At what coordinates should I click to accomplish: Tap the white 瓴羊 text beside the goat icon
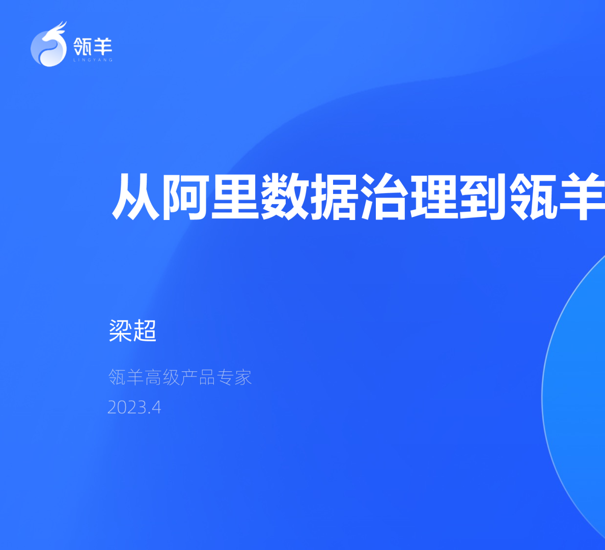93,46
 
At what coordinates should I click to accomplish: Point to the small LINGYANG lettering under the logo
93,60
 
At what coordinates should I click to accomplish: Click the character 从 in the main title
135,196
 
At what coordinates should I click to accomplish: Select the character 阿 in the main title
185,196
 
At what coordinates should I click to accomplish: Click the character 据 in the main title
335,196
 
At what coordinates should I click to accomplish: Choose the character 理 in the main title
434,196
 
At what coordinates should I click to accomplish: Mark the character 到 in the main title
484,196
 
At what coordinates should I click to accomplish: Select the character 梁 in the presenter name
121,331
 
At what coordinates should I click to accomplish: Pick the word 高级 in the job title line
162,377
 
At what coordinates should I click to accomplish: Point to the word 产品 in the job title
198,377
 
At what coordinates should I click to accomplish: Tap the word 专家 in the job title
234,377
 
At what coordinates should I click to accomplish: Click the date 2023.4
134,407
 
